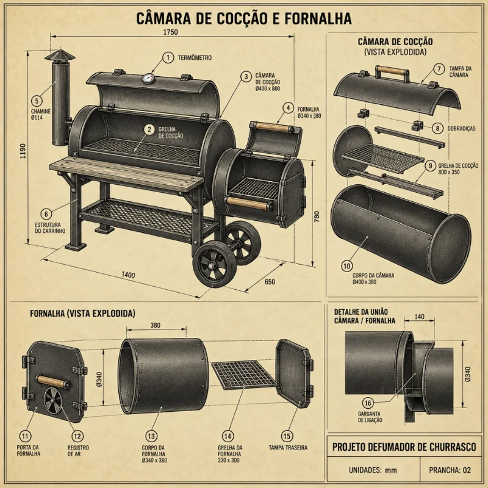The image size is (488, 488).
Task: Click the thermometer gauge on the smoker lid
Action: (148, 79)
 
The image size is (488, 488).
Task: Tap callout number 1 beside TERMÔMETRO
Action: (168, 57)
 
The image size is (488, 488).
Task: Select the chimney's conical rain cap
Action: (60, 56)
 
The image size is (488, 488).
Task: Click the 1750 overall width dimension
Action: (171, 32)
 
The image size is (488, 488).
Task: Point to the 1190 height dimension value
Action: (23, 151)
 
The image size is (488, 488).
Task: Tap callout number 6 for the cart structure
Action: (46, 214)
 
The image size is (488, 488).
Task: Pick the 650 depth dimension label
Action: (270, 282)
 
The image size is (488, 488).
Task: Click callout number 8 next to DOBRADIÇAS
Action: (437, 128)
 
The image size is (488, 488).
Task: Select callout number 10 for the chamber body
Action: (346, 266)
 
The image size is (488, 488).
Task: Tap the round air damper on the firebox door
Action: (53, 401)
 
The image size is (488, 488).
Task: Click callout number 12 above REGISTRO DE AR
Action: (77, 436)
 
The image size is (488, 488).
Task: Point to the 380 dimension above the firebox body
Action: (156, 325)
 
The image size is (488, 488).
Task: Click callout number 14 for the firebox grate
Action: (228, 436)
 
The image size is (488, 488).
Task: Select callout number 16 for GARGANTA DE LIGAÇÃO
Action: (368, 403)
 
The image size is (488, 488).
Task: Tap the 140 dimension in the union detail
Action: (419, 317)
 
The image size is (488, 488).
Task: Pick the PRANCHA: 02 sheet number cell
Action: (450, 470)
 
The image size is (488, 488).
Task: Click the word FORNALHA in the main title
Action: (318, 18)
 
